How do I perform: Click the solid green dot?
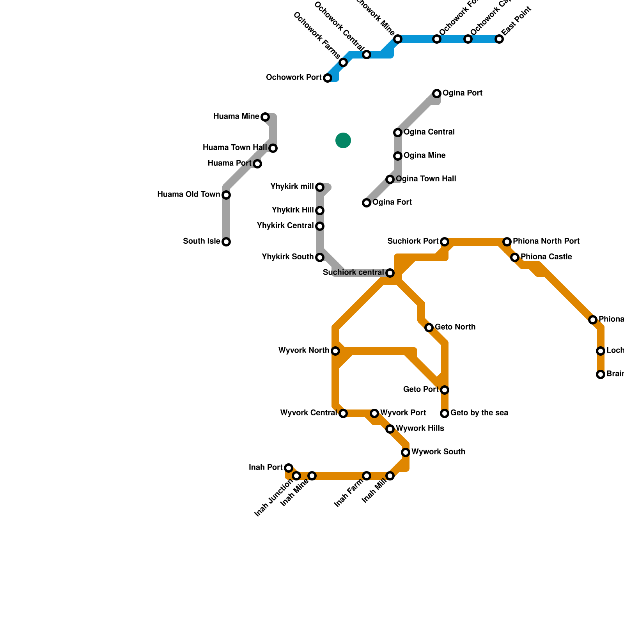343,140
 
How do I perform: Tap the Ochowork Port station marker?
328,78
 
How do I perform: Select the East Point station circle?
499,39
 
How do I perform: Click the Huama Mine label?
236,117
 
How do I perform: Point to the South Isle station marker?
226,242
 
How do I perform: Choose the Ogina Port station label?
463,93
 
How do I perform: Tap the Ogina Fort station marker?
367,203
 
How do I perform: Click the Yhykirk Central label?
285,226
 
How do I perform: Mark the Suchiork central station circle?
390,273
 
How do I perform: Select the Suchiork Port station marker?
445,242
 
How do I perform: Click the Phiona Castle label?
546,257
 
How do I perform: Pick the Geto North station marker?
429,328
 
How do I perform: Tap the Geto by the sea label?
479,413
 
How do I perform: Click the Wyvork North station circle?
335,351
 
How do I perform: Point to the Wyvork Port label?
403,413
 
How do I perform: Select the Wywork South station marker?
406,452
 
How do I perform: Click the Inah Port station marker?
289,468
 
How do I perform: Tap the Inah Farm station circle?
367,476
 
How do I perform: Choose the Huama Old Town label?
188,195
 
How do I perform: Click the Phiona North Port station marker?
507,242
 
